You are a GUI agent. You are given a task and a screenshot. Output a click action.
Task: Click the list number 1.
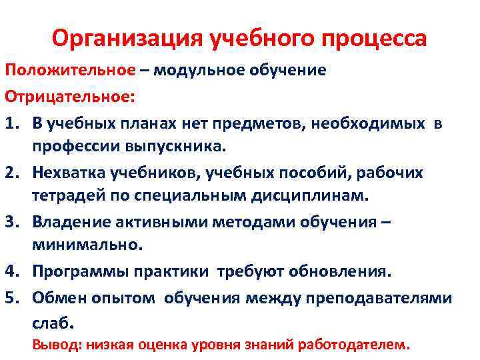pyautogui.click(x=13, y=123)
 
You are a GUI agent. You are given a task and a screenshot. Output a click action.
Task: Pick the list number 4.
pyautogui.click(x=13, y=272)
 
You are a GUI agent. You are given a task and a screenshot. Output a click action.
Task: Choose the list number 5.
pyautogui.click(x=13, y=298)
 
